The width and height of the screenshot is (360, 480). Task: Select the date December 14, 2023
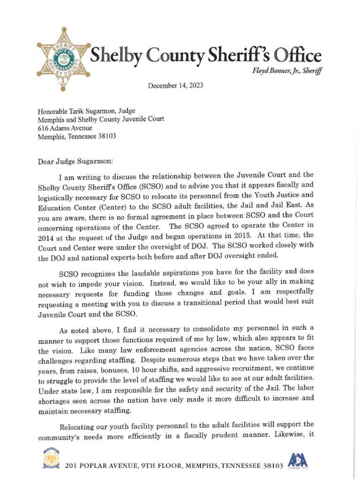tap(176, 86)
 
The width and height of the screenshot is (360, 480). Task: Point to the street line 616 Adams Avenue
tap(65, 128)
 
